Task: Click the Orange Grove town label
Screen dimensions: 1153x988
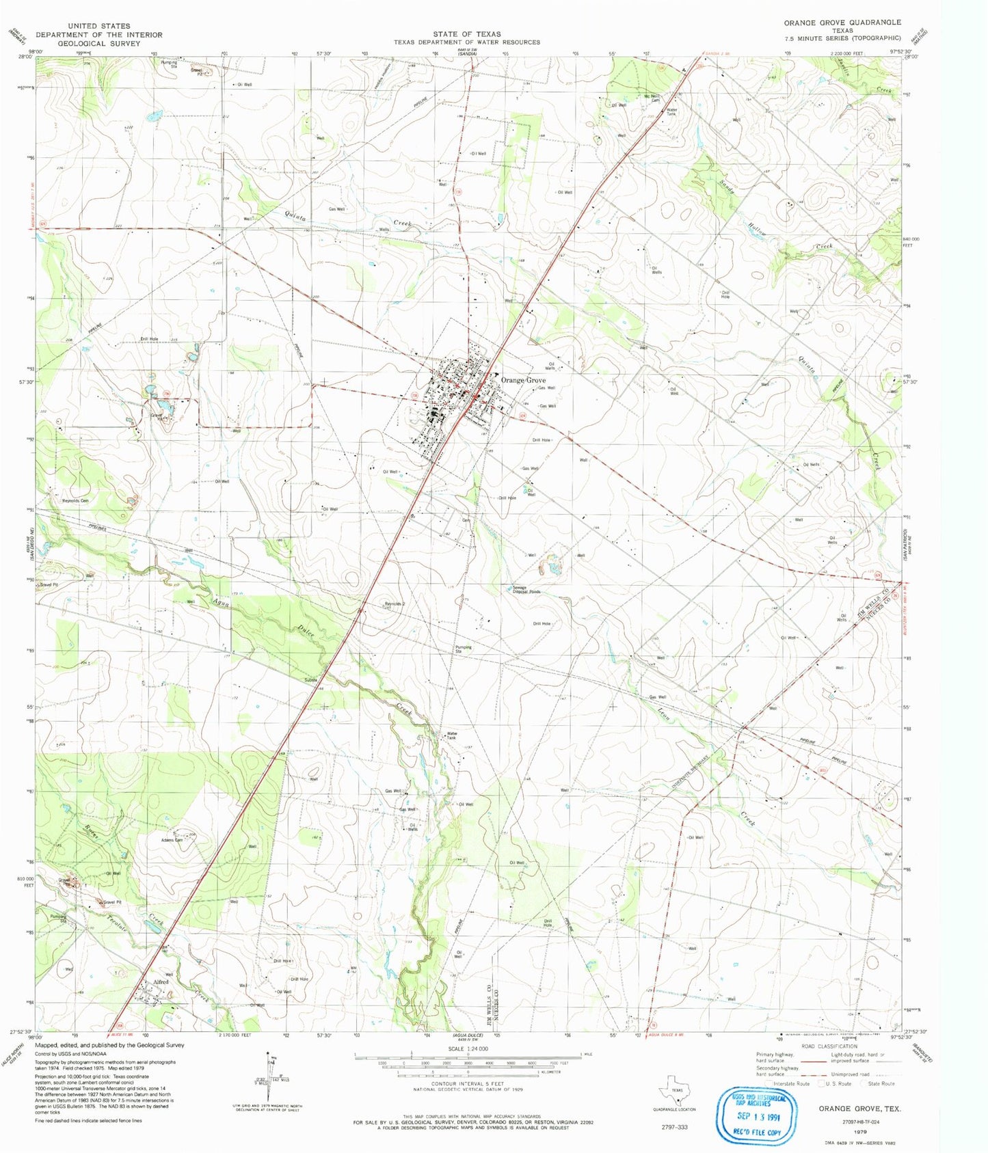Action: point(523,380)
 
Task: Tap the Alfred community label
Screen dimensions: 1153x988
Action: point(160,982)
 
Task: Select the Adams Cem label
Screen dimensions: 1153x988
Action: point(172,840)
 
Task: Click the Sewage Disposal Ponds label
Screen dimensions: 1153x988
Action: point(526,591)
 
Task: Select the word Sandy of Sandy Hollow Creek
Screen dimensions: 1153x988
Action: point(727,187)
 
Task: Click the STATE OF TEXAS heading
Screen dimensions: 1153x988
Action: point(466,33)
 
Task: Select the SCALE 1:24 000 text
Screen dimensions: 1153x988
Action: point(468,1048)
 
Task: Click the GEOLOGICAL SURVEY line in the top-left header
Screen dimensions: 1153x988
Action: point(99,42)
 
